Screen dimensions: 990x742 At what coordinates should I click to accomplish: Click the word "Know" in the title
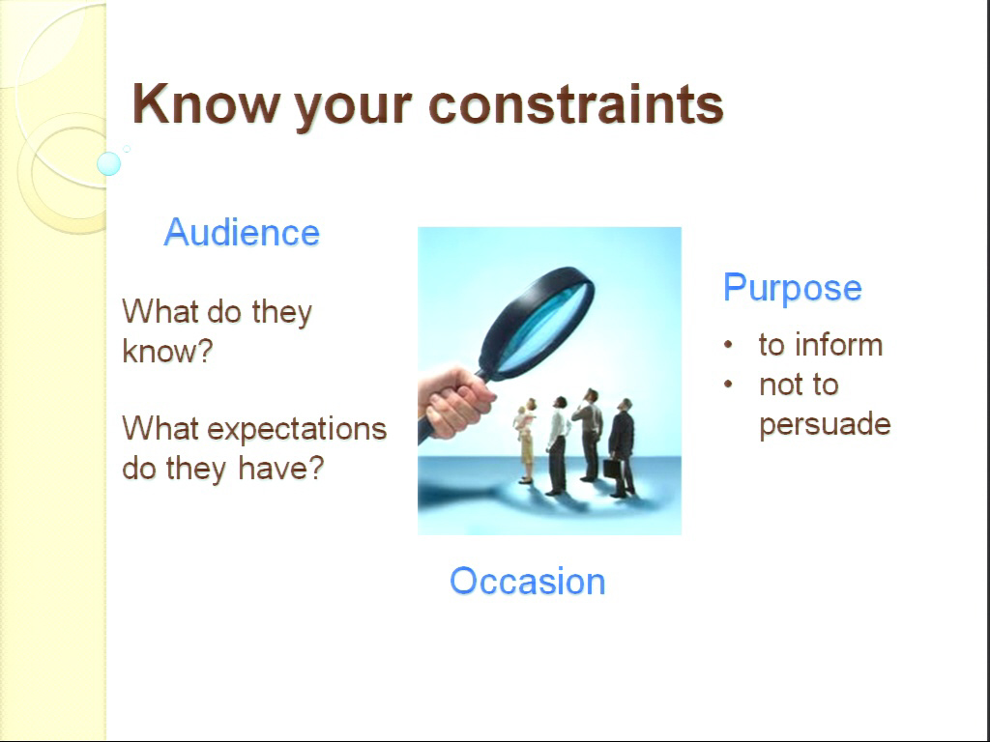[206, 104]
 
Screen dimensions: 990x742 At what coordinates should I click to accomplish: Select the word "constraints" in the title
[576, 104]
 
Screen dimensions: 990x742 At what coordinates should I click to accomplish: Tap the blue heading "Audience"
[242, 232]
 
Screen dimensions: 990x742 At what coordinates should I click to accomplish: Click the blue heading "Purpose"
[793, 289]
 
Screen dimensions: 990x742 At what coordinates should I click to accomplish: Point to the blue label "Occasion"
[527, 581]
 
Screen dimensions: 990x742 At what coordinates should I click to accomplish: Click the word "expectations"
[297, 430]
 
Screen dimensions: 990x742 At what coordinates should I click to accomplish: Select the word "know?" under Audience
[167, 351]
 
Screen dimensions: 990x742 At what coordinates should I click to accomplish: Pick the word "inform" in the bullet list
[838, 345]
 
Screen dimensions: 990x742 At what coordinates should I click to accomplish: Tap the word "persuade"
[826, 424]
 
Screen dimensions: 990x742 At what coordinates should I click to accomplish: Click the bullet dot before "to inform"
[729, 345]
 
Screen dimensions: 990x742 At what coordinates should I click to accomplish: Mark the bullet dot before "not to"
[729, 384]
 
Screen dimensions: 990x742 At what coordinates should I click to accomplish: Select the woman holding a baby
[525, 441]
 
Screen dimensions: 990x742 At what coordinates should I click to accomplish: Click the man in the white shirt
[557, 445]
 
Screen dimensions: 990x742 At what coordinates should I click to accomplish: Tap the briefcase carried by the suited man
[611, 469]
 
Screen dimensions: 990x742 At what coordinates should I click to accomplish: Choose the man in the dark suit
[622, 448]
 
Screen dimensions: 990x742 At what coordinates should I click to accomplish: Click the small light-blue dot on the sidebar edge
[108, 163]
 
